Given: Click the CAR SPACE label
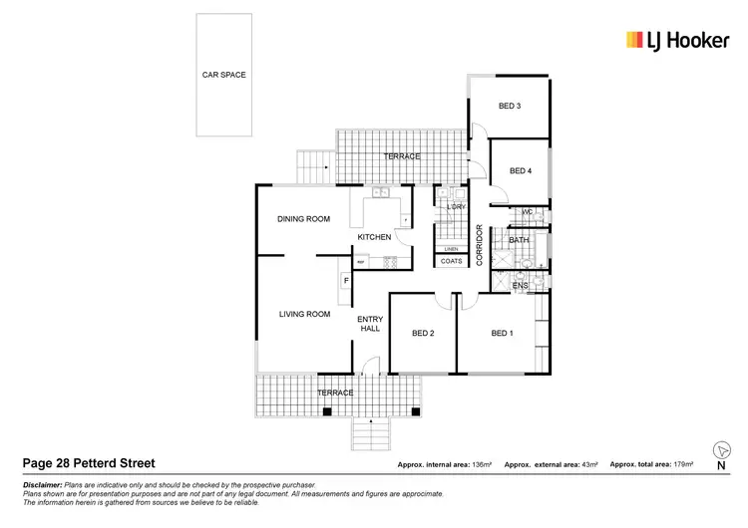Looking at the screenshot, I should [x=223, y=75].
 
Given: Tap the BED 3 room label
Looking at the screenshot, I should [x=510, y=106].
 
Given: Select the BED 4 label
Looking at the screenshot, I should [x=520, y=171].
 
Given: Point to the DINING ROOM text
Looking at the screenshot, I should [x=303, y=219].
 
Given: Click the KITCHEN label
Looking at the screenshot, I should [x=374, y=237].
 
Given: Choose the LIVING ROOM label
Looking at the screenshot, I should [x=304, y=314].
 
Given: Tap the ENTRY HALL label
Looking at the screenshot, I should [x=370, y=325].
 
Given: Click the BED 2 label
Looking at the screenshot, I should [x=423, y=333].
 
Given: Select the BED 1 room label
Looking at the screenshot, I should [x=502, y=333].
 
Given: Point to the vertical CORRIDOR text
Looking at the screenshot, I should [x=480, y=244].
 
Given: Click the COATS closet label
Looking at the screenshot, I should [x=451, y=262].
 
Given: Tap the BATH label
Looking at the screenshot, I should [x=519, y=240].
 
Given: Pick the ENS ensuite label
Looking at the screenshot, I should [x=519, y=286].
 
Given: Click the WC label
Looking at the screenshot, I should [x=528, y=211].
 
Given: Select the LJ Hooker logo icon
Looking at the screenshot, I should [x=634, y=40].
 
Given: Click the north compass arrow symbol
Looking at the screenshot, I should [x=720, y=450].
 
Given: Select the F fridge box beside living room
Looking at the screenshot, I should [x=346, y=281].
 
